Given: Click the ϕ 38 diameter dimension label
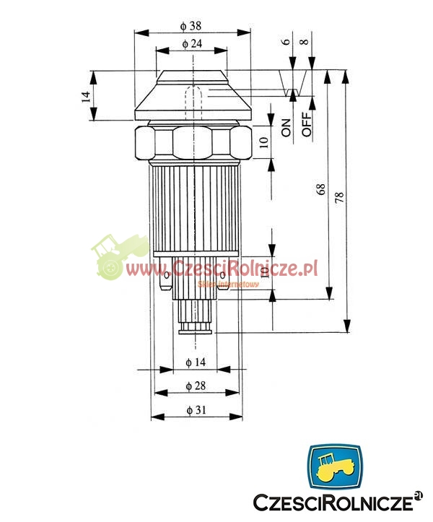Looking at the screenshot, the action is tap(191, 26).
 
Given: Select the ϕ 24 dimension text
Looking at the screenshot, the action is tap(192, 43).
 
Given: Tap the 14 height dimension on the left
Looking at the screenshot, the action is tap(86, 97).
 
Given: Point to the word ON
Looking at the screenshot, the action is tap(286, 128).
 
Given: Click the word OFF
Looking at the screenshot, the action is tap(307, 124).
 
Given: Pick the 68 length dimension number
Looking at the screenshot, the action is tap(321, 189).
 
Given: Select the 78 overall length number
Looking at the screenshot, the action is tap(339, 198).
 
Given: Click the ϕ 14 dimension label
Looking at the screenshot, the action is tap(196, 362).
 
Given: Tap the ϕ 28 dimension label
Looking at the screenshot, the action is tap(196, 386).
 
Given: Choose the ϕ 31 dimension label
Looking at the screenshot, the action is tap(196, 410).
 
